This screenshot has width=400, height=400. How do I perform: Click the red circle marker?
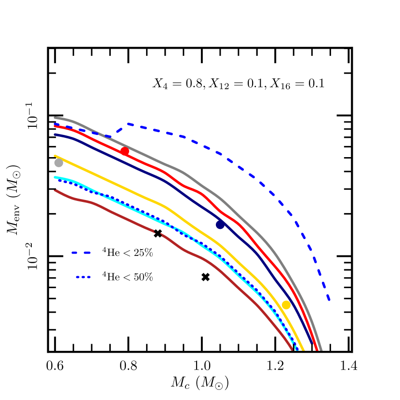coord(124,151)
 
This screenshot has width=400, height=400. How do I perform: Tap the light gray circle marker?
coord(59,163)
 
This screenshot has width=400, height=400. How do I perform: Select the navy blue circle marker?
coord(220,225)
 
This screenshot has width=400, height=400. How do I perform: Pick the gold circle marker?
coord(286,305)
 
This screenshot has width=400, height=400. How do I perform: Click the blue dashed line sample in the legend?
coord(81,253)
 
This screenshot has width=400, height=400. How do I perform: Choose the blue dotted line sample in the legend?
coord(83,277)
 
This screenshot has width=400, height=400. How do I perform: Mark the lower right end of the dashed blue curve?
coord(329,300)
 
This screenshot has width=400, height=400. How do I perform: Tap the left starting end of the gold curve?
coord(55,156)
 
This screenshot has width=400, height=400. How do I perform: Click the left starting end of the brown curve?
coord(55,190)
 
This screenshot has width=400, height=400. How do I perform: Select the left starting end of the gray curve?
coord(55,118)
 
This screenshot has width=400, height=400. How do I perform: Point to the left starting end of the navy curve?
coord(55,134)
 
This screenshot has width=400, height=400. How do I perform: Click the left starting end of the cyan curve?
coord(55,178)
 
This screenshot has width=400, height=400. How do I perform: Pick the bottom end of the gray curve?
coord(321,350)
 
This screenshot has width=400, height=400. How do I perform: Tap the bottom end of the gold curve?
coord(304,350)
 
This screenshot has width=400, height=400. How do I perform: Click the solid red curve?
coord(193,188)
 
